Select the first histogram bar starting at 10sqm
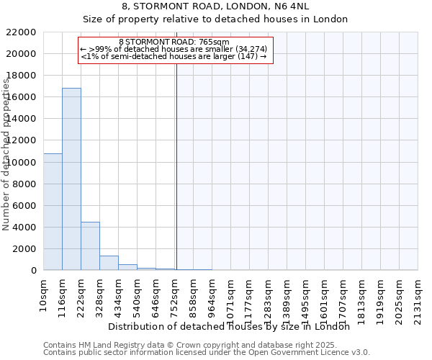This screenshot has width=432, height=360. (53, 212)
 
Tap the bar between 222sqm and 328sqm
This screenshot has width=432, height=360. (90, 246)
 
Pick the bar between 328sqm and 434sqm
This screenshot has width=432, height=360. (109, 263)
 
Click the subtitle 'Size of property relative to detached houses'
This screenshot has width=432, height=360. (216, 19)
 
